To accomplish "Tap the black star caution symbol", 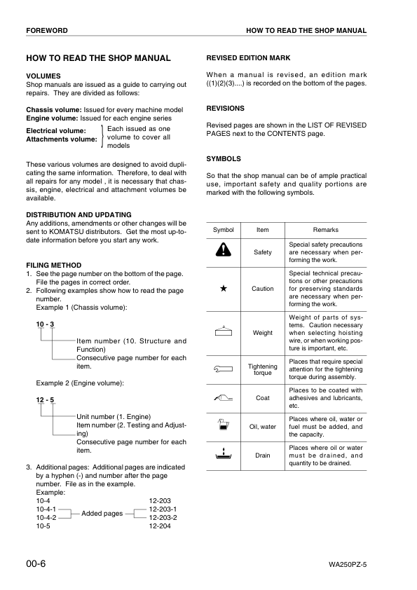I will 223,288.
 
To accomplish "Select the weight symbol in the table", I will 223,331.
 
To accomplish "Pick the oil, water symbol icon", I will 223,425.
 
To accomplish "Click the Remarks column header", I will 325,230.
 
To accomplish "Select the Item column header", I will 263,230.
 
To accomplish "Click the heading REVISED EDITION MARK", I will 248,58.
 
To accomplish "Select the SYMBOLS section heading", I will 224,159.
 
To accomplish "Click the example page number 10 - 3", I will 45,324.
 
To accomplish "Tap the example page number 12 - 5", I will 45,399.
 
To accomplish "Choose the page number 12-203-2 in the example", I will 163,518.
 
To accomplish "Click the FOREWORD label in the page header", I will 47,31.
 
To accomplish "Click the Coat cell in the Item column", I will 263,398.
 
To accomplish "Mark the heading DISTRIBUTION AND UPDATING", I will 78,214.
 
